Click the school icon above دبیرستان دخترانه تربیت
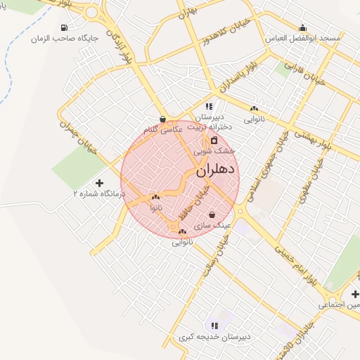coord(209,106)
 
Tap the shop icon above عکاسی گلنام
coord(163,120)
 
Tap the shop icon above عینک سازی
coord(212,215)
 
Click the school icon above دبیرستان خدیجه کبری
coord(214,326)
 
